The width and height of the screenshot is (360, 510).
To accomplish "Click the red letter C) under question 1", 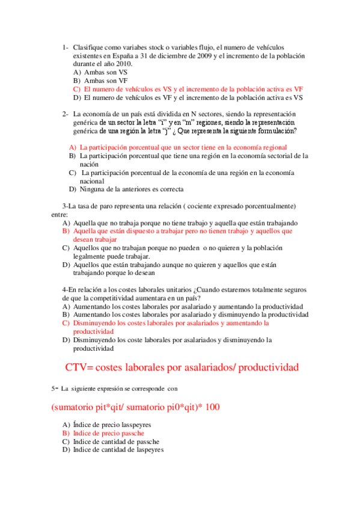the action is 76,88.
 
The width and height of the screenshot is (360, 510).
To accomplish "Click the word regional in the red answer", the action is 272,147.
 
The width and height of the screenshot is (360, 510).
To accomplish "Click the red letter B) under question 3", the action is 66,231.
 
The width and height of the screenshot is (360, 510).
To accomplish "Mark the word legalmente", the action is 91,256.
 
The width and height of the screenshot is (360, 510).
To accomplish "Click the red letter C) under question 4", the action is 66,323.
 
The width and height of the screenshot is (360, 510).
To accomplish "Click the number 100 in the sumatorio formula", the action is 212,407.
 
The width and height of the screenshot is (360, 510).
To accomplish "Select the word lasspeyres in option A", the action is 133,425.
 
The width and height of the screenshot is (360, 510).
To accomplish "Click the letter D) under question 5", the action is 66,449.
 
